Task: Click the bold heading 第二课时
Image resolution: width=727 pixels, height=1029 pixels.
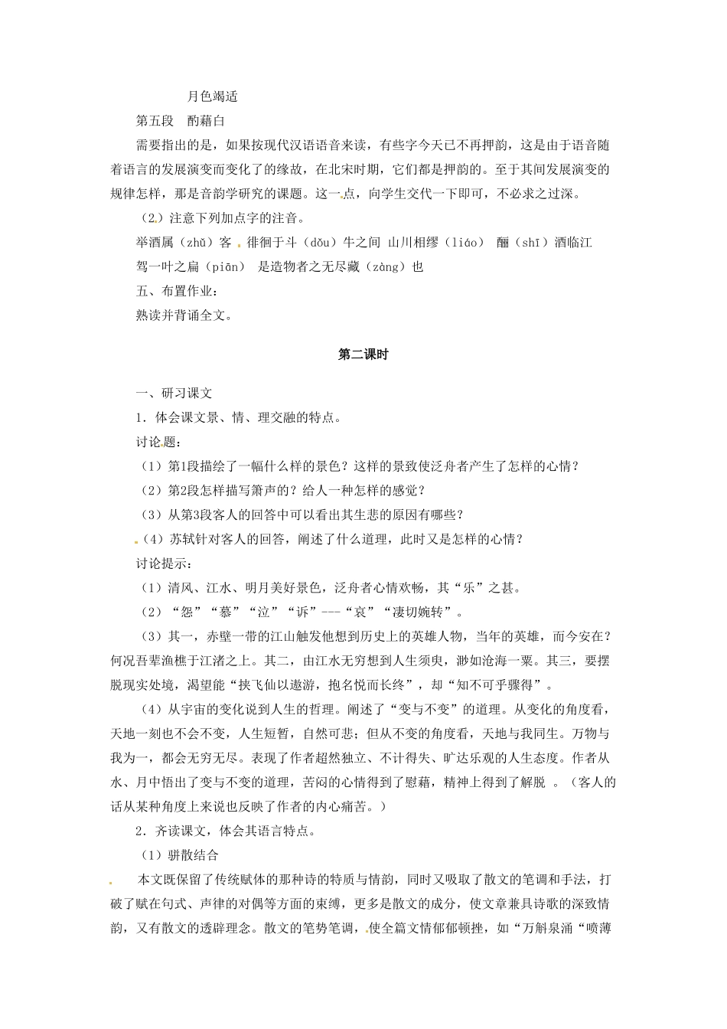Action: pyautogui.click(x=363, y=354)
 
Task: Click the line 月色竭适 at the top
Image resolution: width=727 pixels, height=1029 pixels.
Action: pyautogui.click(x=213, y=96)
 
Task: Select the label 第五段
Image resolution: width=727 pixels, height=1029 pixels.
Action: pyautogui.click(x=155, y=121)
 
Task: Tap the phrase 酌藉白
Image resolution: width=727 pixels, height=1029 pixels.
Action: pyautogui.click(x=206, y=121)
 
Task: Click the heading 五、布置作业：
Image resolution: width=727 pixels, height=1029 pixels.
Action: pyautogui.click(x=177, y=292)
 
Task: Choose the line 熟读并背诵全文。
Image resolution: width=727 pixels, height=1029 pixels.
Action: pyautogui.click(x=184, y=315)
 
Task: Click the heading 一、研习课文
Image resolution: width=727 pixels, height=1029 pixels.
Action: pyautogui.click(x=174, y=394)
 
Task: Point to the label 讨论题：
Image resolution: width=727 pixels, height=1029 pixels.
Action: pyautogui.click(x=158, y=443)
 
